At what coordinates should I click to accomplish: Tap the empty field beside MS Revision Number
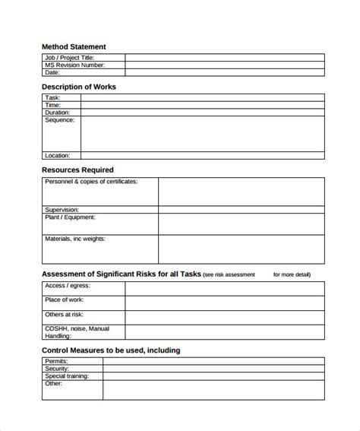(x=225, y=65)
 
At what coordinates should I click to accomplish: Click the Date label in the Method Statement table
(x=52, y=73)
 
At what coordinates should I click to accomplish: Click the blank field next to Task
(x=202, y=98)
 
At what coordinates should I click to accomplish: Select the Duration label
(x=58, y=113)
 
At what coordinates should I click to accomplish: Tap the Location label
(x=58, y=155)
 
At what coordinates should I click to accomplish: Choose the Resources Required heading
(x=77, y=170)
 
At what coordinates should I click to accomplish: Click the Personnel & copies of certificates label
(x=91, y=182)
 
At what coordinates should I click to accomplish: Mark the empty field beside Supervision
(x=241, y=210)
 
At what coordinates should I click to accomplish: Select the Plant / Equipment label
(x=71, y=217)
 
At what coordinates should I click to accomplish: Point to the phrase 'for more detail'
(x=292, y=274)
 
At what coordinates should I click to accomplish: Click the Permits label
(x=57, y=361)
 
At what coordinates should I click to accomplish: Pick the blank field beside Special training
(x=213, y=376)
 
